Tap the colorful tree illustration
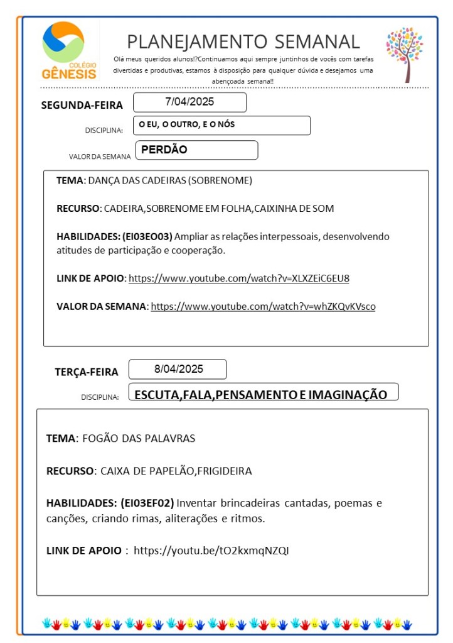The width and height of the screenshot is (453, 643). (404, 53)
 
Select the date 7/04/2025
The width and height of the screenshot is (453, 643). (189, 102)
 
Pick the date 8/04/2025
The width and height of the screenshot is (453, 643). (178, 369)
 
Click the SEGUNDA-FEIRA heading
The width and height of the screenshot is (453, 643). (82, 105)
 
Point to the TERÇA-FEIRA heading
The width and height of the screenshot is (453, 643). (87, 372)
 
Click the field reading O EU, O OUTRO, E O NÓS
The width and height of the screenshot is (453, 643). (187, 124)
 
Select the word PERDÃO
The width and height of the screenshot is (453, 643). (164, 150)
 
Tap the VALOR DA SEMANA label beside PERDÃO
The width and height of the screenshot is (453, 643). (100, 157)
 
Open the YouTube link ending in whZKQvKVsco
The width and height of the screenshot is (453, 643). (263, 306)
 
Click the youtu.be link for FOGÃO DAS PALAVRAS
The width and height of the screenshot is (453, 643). (211, 551)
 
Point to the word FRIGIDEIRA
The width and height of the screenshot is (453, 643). (225, 471)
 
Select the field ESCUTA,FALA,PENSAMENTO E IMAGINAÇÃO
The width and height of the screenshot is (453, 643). (261, 394)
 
